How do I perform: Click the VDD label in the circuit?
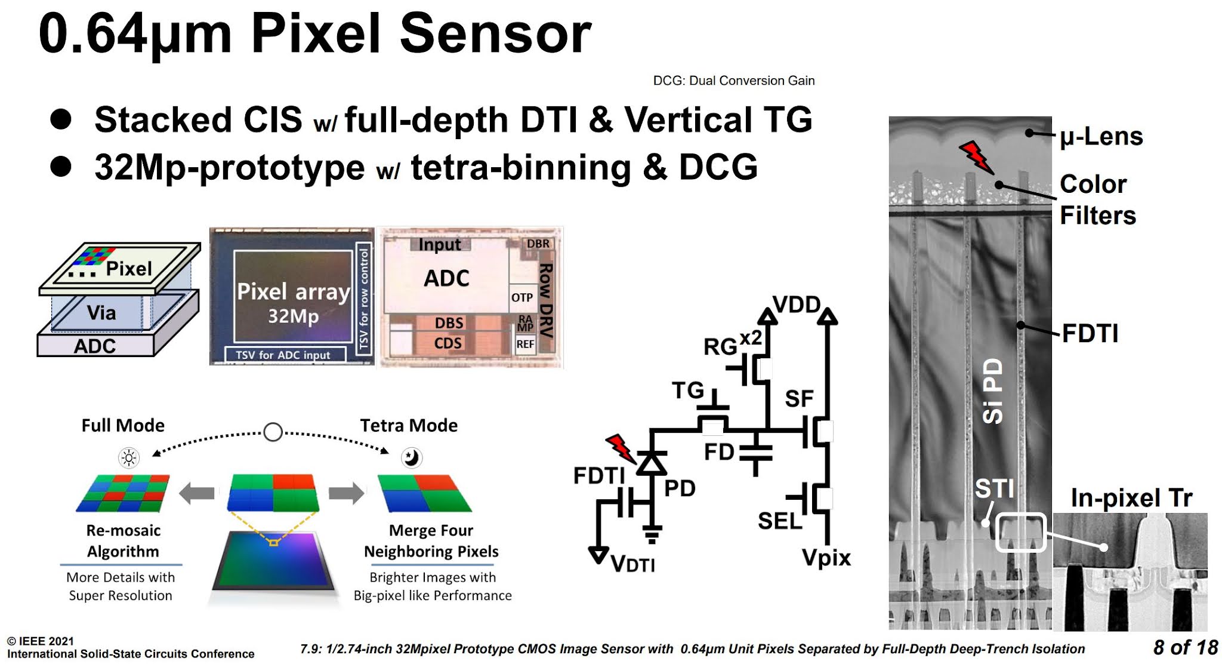[796, 305]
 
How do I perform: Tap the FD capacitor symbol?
[755, 453]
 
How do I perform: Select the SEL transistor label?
[779, 521]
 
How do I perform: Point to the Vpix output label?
[826, 558]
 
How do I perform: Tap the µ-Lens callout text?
[1101, 137]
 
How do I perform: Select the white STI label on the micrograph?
[994, 488]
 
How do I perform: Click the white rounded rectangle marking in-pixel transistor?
[1020, 531]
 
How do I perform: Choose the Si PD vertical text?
[992, 391]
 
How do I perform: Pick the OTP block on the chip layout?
[522, 297]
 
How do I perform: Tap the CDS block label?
[448, 343]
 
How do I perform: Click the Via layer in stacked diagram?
[101, 312]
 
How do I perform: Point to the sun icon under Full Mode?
[128, 458]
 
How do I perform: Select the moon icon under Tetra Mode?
[411, 457]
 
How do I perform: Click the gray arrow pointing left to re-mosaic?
[197, 493]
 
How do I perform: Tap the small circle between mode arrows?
[273, 432]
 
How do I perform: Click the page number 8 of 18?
[1184, 647]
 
